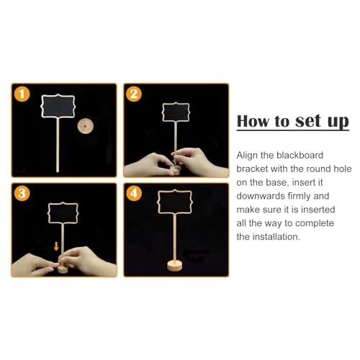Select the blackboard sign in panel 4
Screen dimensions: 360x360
(x=175, y=203)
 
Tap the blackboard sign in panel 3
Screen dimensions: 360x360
(x=64, y=213)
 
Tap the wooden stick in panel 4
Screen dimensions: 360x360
(x=176, y=238)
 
